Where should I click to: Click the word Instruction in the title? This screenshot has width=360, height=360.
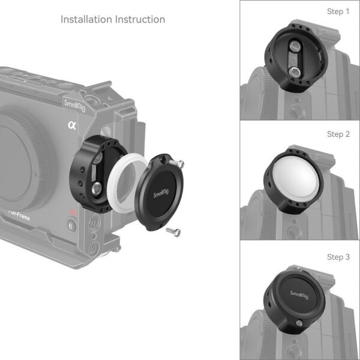point(140,19)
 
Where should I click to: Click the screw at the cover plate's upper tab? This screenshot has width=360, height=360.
point(178,163)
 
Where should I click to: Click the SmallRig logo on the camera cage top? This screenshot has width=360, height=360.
point(74,104)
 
